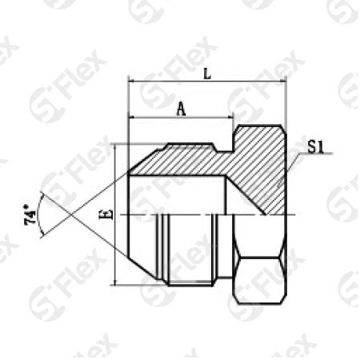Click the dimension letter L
click(207, 74)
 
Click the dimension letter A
click(182, 110)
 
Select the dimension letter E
click(106, 214)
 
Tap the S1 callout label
click(316, 146)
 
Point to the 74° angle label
click(30, 214)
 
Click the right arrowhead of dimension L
click(283, 81)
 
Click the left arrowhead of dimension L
click(132, 81)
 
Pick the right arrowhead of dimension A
click(230, 117)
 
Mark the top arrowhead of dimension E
click(115, 148)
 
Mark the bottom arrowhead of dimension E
click(115, 282)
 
